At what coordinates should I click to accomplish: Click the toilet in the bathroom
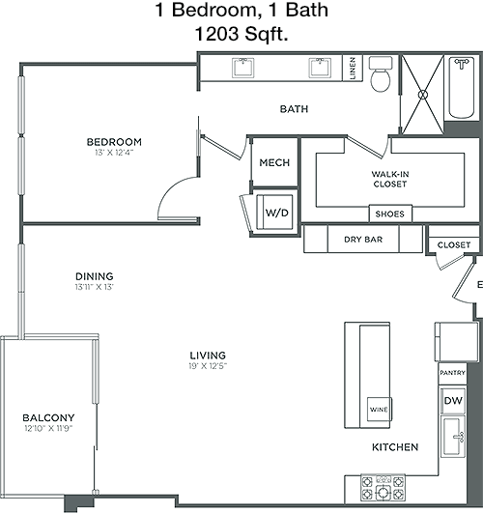[x=381, y=74]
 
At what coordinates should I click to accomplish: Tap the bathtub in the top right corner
[x=462, y=88]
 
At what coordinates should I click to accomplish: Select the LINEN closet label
[x=353, y=68]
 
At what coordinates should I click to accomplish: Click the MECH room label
[x=274, y=162]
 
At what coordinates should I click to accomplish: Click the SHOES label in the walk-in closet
[x=389, y=214]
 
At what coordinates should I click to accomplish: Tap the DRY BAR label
[x=363, y=240]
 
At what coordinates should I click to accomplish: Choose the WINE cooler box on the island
[x=380, y=409]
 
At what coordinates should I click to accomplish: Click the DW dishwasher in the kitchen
[x=453, y=401]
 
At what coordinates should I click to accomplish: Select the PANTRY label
[x=452, y=373]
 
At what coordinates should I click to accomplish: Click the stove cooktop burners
[x=383, y=487]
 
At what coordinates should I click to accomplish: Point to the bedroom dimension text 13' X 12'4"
[x=114, y=153]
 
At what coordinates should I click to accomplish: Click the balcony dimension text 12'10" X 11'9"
[x=48, y=428]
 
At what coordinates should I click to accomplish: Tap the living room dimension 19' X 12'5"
[x=208, y=366]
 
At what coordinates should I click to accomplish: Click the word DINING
[x=95, y=276]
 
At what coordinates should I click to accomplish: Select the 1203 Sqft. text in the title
[x=241, y=34]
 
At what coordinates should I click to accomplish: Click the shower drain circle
[x=423, y=95]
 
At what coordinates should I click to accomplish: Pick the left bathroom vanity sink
[x=243, y=68]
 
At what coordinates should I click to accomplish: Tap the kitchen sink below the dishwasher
[x=453, y=437]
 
